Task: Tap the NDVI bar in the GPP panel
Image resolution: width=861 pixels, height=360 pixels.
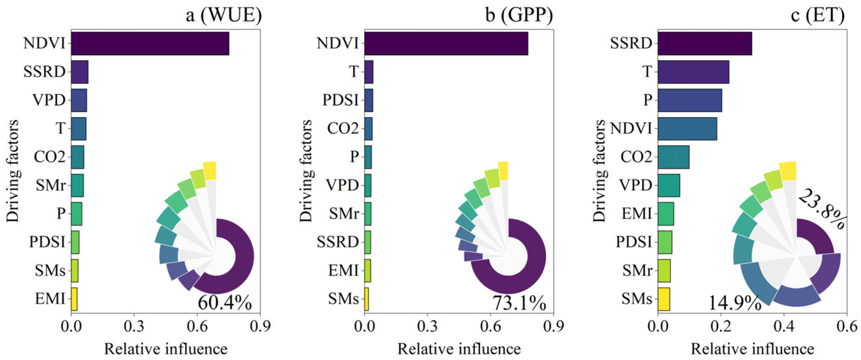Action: [x=446, y=43]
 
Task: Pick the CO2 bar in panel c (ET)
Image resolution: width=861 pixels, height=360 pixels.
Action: [x=673, y=157]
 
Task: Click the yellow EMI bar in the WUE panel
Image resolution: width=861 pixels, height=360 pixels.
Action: [x=74, y=299]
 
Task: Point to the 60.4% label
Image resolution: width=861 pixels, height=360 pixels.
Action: [x=224, y=303]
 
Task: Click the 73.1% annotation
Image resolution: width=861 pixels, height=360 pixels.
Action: [x=519, y=303]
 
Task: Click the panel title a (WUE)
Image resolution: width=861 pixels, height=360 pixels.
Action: [x=223, y=15]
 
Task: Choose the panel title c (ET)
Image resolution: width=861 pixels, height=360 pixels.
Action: [x=818, y=15]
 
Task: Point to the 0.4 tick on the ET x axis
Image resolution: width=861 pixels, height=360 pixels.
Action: [x=784, y=326]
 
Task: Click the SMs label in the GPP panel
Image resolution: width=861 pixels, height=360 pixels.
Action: [x=343, y=299]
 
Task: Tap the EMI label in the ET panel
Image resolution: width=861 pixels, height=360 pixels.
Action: [x=637, y=213]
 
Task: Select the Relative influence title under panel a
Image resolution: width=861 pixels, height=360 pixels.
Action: [x=166, y=349]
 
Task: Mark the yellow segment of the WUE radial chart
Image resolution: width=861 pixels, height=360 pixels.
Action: [x=210, y=171]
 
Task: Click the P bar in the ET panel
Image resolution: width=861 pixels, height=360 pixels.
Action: [x=690, y=100]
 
